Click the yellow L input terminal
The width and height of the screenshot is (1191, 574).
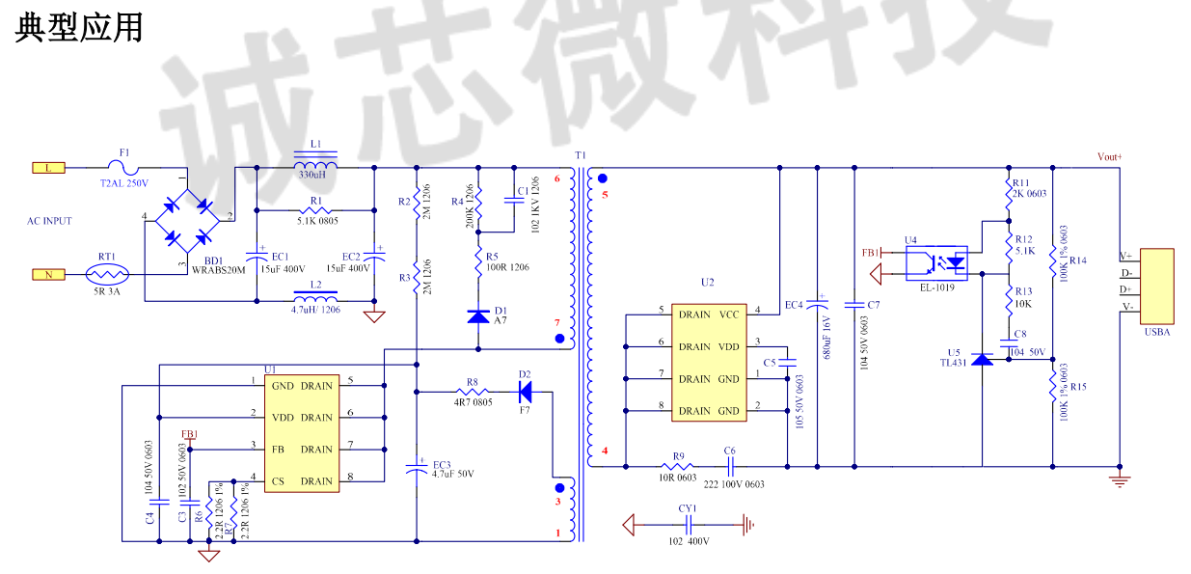point(48,167)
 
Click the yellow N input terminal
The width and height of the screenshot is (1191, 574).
point(48,274)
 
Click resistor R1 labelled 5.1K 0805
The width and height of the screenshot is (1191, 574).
point(315,210)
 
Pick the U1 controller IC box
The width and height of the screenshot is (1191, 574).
point(302,433)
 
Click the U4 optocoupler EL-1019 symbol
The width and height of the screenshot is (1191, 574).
point(936,260)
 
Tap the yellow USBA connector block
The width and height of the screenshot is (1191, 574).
point(1156,286)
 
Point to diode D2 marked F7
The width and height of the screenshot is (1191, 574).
point(525,392)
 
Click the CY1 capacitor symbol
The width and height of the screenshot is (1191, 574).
point(688,525)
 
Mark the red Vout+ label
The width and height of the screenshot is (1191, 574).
point(1110,156)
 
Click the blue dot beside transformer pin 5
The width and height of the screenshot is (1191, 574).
point(603,178)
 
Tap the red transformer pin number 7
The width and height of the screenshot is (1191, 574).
point(556,321)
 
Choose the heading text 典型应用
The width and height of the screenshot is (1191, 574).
point(79,27)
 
